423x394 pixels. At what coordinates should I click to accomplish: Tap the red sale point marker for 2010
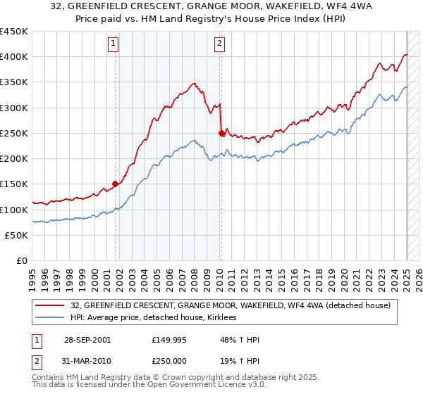[221, 133]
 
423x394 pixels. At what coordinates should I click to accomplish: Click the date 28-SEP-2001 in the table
[87, 340]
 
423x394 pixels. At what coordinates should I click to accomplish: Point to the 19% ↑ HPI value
[240, 360]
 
